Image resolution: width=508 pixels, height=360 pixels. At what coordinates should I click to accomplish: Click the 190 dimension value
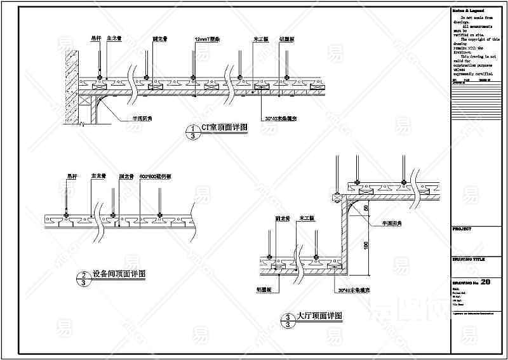pyautogui.click(x=366, y=245)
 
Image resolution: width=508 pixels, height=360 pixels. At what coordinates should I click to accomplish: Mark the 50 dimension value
pyautogui.click(x=366, y=208)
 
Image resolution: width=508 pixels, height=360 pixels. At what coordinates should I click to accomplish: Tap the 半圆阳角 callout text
pyautogui.click(x=393, y=223)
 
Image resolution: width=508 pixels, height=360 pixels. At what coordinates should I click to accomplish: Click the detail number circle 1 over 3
pyautogui.click(x=189, y=131)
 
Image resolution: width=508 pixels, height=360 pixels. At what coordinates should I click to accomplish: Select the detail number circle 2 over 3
pyautogui.click(x=83, y=278)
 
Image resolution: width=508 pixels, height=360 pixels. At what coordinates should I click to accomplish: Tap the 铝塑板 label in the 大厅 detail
pyautogui.click(x=265, y=289)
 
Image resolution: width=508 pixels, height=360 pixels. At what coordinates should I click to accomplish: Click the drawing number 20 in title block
pyautogui.click(x=486, y=282)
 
